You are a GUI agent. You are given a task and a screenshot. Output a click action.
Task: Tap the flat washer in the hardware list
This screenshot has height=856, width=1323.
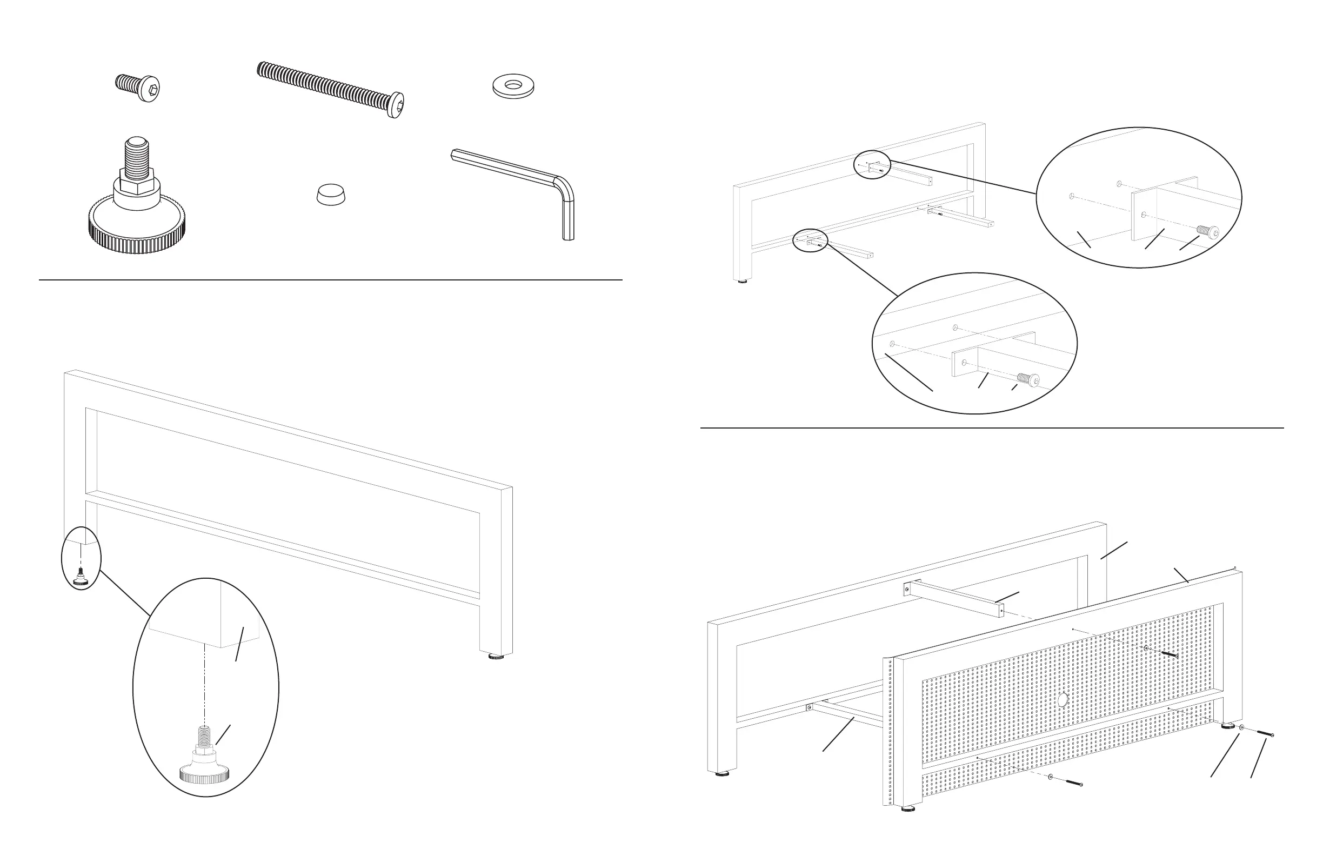point(513,86)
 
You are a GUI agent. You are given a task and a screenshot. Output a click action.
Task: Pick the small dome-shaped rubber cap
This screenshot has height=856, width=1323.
point(331,195)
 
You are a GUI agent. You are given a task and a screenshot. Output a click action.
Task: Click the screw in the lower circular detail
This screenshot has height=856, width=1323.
point(1028,379)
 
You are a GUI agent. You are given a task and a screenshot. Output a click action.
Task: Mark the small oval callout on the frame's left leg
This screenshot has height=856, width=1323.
point(81,558)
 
